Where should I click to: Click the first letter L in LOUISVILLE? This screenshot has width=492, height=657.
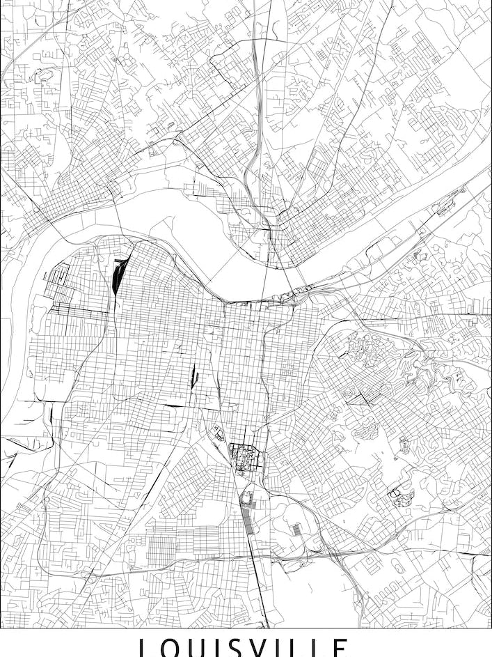click(144, 649)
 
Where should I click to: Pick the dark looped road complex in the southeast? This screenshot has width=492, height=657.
click(397, 496)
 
